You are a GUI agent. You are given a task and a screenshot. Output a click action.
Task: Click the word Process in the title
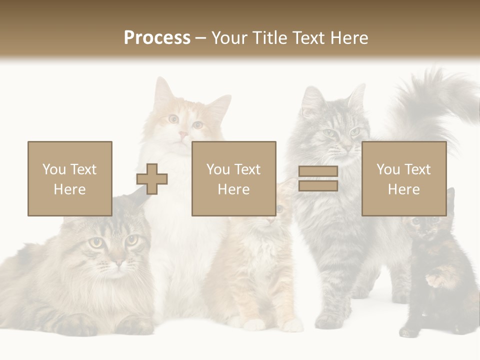click(x=157, y=37)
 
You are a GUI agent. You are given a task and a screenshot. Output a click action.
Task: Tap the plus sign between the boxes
click(x=152, y=179)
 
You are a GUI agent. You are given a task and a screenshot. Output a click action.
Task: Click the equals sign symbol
click(x=318, y=178)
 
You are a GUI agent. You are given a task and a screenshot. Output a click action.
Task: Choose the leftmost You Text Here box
click(x=69, y=178)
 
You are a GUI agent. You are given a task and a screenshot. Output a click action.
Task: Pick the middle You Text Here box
click(x=233, y=178)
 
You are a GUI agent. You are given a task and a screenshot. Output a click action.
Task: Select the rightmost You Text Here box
click(x=403, y=178)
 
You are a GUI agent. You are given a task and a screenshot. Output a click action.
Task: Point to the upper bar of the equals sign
click(x=318, y=171)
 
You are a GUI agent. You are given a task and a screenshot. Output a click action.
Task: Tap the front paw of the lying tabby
click(x=75, y=325)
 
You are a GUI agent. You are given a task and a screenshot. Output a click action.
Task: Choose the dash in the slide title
click(x=201, y=38)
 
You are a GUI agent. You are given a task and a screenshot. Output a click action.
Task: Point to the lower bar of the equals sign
click(x=318, y=186)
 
